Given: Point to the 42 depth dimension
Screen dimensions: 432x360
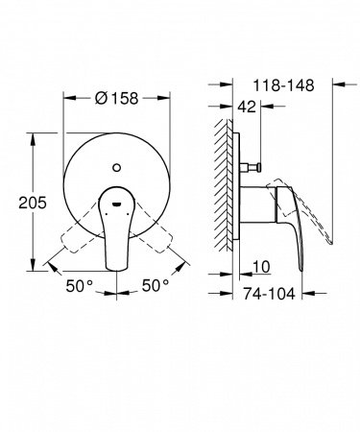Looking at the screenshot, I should [x=246, y=108].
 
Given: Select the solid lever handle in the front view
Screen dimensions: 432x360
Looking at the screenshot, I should [x=116, y=230].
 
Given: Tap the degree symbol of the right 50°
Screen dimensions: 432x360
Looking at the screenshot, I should [x=165, y=282].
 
